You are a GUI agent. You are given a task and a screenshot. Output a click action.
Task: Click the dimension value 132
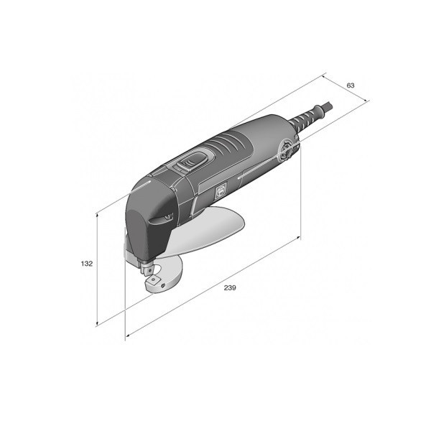(x=87, y=264)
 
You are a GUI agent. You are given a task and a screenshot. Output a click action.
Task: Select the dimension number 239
(x=230, y=288)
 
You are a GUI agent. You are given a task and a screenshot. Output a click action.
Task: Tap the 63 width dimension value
(x=351, y=85)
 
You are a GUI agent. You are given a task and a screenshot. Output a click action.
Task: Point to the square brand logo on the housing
(x=221, y=191)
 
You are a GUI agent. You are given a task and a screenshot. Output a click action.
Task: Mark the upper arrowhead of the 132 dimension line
(x=97, y=215)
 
